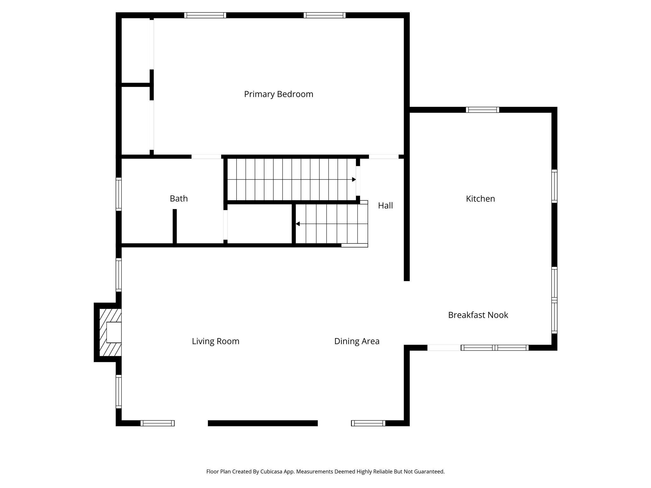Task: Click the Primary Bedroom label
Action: coord(278,94)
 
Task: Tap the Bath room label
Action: coord(179,199)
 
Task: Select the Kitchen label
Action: coord(480,199)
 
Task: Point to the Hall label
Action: coord(385,206)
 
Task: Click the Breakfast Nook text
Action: coord(478,315)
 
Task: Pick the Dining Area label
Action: coord(357,341)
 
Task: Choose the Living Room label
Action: coord(216,341)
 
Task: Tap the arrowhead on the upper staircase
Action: coord(354,180)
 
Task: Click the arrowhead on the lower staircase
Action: coord(298,224)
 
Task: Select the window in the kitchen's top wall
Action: coord(482,110)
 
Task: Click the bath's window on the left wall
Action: coord(119,194)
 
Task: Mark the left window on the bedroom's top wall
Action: coord(205,15)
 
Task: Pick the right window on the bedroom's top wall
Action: coord(325,15)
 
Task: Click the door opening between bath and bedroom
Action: coord(206,157)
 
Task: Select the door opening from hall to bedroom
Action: coord(383,157)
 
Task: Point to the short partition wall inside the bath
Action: coord(175,226)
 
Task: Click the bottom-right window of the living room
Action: coord(368,423)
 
